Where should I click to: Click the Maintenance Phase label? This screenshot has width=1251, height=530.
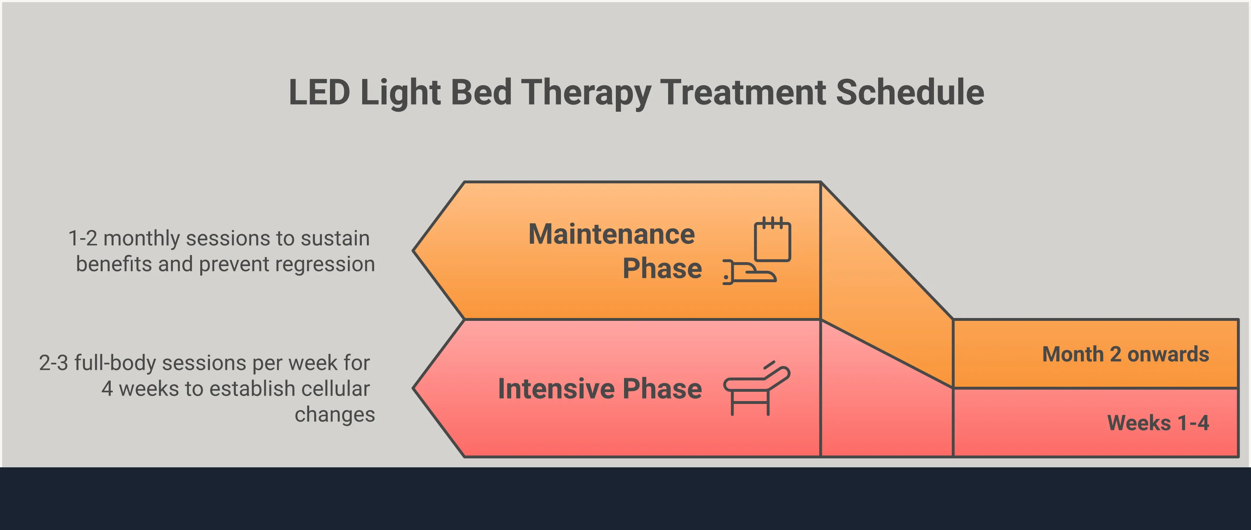[x=614, y=251]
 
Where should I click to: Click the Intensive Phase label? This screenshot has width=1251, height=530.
[x=600, y=389]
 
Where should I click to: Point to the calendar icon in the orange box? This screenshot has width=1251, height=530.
[x=772, y=240]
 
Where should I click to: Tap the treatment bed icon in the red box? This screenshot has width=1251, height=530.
[x=756, y=388]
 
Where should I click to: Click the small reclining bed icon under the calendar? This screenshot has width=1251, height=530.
[x=750, y=273]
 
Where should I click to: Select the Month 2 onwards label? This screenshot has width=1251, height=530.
[x=1125, y=354]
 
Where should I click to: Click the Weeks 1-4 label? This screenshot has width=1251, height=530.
[x=1158, y=423]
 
